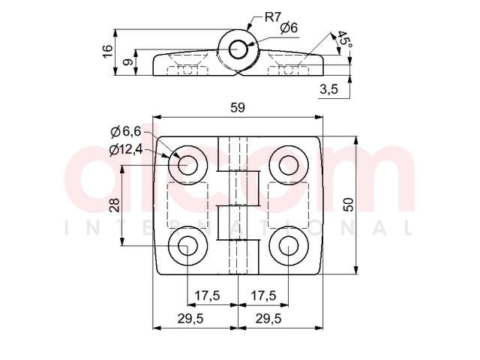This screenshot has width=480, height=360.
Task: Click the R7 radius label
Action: coord(273,17)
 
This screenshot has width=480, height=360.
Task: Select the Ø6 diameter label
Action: coord(288,28)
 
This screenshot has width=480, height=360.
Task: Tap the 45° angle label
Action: coord(344,41)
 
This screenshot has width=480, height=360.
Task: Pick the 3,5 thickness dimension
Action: coord(328,89)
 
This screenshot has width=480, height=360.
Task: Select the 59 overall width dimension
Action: coord(238,108)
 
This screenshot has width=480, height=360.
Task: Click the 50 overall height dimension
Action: coord(348,205)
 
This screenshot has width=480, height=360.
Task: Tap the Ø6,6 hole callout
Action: coord(126,132)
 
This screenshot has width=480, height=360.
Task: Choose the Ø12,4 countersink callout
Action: coord(126,150)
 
